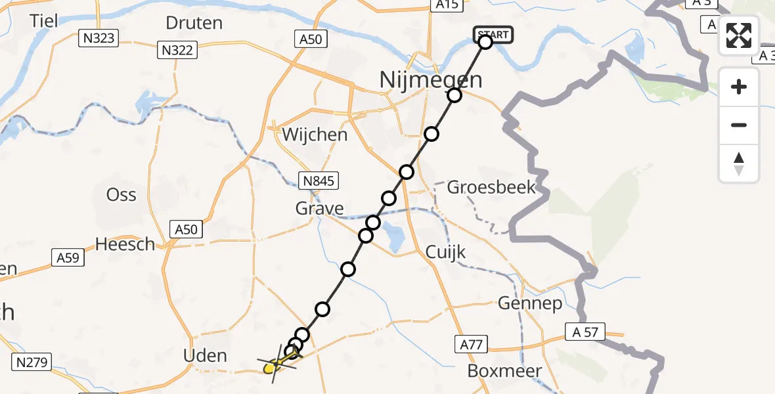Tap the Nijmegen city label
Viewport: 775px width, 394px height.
431,81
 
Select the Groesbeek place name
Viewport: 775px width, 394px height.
491,187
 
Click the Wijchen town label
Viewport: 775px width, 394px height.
315,135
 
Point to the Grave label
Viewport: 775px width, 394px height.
320,209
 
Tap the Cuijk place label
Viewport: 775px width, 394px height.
445,252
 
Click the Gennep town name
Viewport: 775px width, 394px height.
530,303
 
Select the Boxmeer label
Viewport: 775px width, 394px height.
504,371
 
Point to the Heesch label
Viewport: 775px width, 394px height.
125,244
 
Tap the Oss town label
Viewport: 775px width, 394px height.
122,194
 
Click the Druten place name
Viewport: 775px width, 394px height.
194,23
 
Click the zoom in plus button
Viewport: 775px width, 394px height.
739,87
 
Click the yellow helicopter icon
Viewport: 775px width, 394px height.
275,365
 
